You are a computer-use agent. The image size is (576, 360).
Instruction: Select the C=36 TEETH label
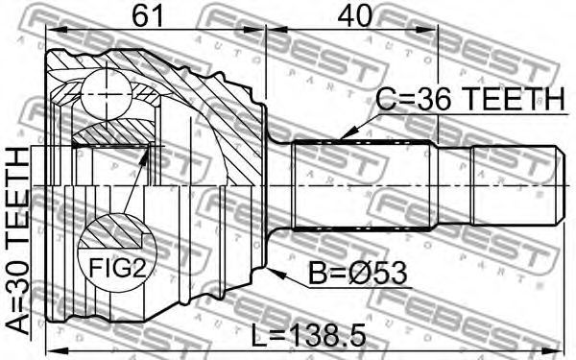(469, 99)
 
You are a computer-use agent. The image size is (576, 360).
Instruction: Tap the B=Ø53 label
(357, 274)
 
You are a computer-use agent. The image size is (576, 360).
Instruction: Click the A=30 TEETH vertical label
(17, 242)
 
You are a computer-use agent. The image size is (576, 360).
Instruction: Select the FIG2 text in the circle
(117, 269)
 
